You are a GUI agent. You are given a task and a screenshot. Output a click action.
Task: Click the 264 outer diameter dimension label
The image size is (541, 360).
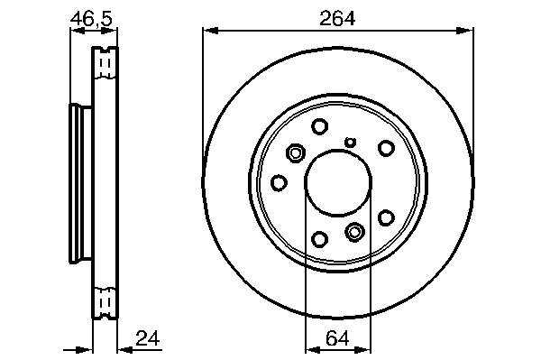coord(336,18)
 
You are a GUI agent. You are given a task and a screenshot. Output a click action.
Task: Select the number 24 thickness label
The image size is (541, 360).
coord(148,338)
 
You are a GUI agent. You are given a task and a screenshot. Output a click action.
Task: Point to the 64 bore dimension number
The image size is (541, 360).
coord(337,338)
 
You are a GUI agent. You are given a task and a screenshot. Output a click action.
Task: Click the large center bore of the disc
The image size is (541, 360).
coord(338,183)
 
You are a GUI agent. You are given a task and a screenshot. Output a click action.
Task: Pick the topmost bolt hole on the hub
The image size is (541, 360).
coord(319,126)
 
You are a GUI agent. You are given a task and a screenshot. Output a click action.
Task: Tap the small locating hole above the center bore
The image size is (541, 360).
coord(351,142)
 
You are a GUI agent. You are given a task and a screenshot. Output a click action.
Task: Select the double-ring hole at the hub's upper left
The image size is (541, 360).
coord(296,152)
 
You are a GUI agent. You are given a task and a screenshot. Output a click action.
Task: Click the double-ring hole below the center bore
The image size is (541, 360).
coord(354,232)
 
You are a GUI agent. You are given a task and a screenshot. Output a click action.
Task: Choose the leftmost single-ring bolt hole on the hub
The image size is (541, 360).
coord(279,182)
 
